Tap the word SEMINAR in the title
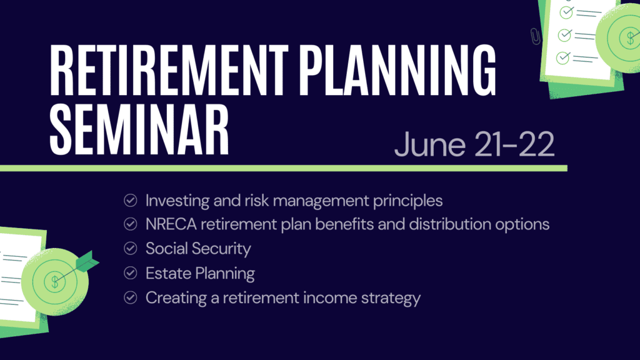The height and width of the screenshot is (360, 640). coord(138,132)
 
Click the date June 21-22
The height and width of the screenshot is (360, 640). coord(474,145)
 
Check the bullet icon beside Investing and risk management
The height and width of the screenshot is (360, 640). coord(131,201)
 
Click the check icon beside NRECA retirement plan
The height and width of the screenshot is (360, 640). coord(131,224)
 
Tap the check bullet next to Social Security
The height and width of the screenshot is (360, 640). coord(131,248)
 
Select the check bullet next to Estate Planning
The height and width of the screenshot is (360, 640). coord(131,272)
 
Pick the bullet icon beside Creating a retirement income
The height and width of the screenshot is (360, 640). coord(131,297)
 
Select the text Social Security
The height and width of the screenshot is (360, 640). coord(198,248)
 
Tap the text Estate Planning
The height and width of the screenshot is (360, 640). coord(200,273)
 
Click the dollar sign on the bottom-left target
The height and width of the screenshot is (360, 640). coord(55,282)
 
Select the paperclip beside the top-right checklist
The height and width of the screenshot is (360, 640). coord(534,36)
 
